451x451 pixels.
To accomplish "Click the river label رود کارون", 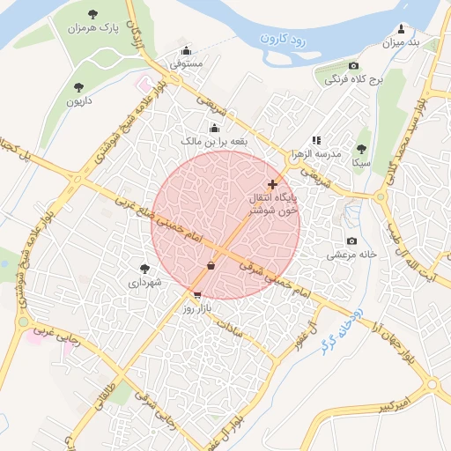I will tap(283, 39).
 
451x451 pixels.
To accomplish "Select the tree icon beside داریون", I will tap(78, 86).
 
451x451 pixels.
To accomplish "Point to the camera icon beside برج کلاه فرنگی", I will tap(353, 66).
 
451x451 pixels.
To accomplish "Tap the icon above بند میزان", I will tap(402, 28).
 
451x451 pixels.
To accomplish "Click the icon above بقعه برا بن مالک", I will tap(214, 128).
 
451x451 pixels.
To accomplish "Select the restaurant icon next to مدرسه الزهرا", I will tap(316, 140).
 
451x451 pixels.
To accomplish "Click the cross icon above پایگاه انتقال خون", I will tap(273, 185).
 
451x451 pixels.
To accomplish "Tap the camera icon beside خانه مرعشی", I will tap(351, 241).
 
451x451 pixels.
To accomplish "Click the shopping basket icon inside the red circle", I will tap(211, 264).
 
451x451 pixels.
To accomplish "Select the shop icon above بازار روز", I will tap(196, 295).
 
